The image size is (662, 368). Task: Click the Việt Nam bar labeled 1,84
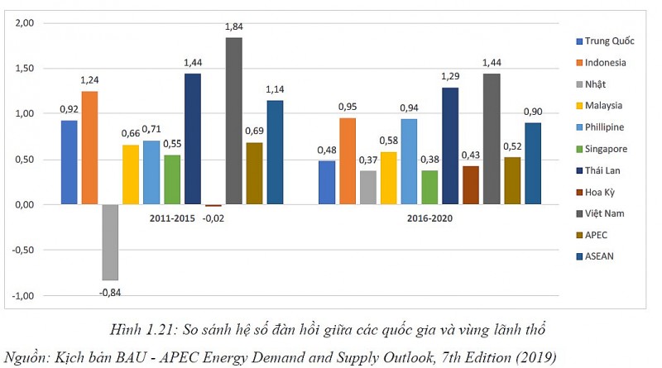[x=234, y=121]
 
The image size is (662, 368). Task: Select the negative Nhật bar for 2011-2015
[x=110, y=242]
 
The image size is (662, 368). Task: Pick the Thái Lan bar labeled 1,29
[x=450, y=146]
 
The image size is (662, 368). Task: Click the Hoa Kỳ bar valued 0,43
[x=471, y=184]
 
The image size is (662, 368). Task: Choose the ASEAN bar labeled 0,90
[x=533, y=163]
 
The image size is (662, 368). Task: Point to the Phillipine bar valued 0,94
[x=409, y=161]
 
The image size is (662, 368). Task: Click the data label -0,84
[x=109, y=292]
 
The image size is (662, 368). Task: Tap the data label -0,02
[x=214, y=218]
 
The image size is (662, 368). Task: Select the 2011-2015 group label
[x=172, y=218]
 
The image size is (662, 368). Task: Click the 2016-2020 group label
[x=429, y=218]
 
